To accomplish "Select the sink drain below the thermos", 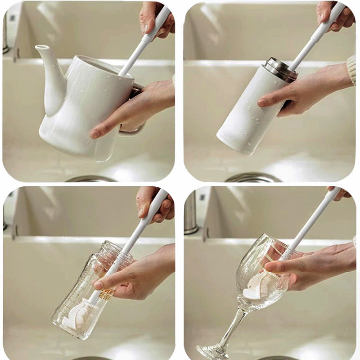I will tap(252, 178).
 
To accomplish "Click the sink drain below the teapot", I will tap(90, 179).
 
